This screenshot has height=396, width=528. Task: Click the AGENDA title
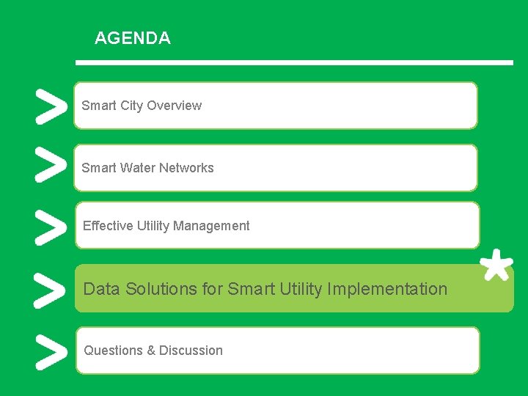tap(133, 38)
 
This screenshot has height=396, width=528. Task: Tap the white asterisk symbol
tap(496, 265)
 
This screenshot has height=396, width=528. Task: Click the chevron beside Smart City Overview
tap(48, 107)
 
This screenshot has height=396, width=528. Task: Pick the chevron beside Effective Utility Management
tap(48, 227)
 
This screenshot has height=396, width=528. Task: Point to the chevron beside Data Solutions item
tap(48, 290)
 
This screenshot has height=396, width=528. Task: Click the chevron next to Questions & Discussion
tap(48, 352)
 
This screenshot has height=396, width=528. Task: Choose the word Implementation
tap(387, 289)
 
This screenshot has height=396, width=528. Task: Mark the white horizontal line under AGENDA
tap(294, 63)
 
